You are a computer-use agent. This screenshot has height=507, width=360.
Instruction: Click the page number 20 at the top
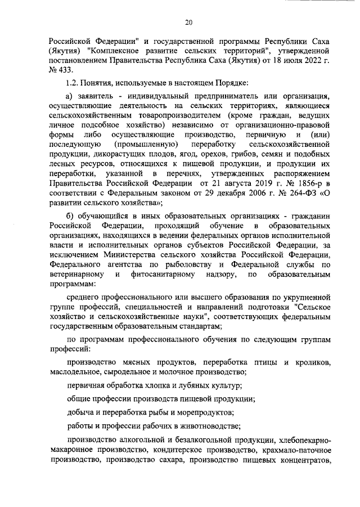188,23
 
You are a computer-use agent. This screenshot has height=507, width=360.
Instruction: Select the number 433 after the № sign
66,69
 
